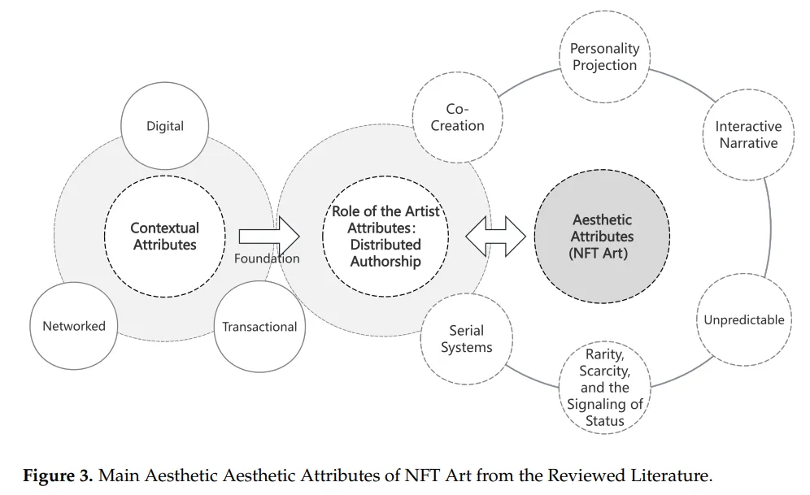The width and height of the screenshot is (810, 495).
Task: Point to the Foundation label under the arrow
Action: coord(267,258)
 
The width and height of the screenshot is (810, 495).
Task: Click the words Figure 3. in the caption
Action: coord(58,475)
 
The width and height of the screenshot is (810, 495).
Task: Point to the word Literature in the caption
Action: coord(671,475)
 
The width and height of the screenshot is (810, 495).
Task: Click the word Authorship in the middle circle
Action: coord(385,262)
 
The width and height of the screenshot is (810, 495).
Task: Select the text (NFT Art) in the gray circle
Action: coord(599,254)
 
